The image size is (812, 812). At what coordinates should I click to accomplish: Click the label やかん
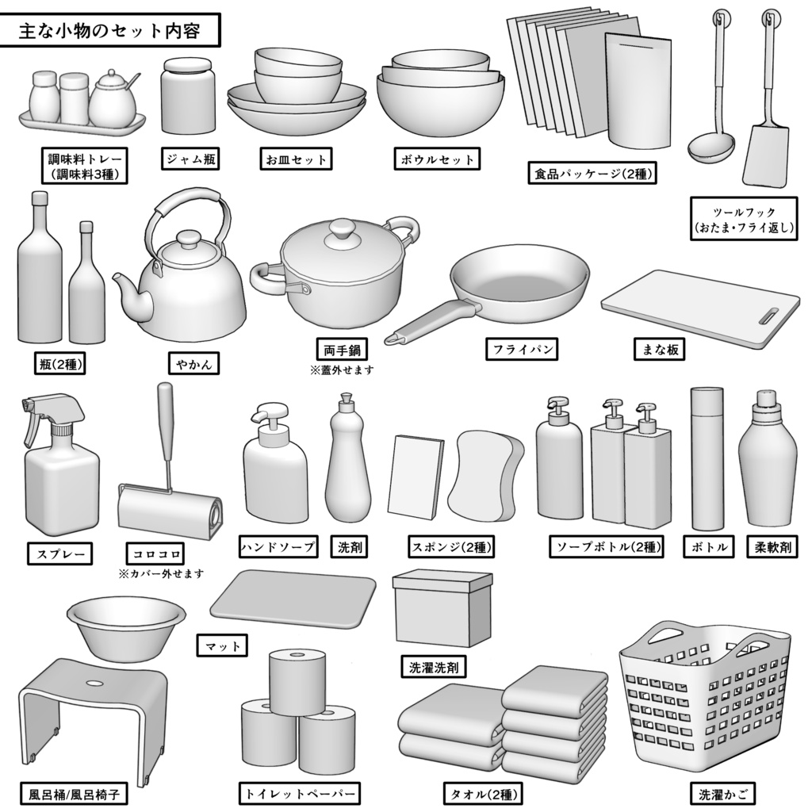[x=193, y=363]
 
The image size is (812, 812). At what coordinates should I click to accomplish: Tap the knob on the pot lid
[x=342, y=229]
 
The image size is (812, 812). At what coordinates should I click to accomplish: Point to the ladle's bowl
[x=710, y=147]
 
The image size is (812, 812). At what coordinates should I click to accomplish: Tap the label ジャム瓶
[x=190, y=159]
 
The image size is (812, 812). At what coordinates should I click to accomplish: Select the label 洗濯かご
[x=721, y=792]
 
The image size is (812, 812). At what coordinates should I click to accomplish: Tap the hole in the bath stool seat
[x=94, y=683]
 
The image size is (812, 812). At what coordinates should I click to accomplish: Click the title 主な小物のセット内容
[x=110, y=33]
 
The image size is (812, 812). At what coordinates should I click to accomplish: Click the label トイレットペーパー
[x=299, y=793]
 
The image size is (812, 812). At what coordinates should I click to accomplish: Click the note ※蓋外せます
[x=341, y=370]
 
